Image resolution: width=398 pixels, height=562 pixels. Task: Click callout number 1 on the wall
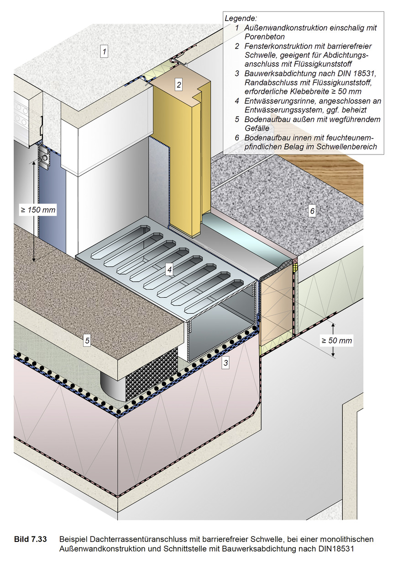pyautogui.click(x=105, y=51)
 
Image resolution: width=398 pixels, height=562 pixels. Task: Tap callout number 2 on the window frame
pyautogui.click(x=179, y=84)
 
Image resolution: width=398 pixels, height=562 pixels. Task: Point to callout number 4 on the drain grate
pyautogui.click(x=169, y=270)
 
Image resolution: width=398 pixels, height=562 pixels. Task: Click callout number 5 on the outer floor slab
pyautogui.click(x=87, y=340)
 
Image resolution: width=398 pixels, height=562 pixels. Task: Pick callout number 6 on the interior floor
pyautogui.click(x=312, y=211)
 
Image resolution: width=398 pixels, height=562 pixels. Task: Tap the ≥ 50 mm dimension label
pyautogui.click(x=337, y=341)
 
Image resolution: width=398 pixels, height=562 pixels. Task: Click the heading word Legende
pyautogui.click(x=241, y=18)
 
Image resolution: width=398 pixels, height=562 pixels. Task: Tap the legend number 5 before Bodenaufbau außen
pyautogui.click(x=237, y=119)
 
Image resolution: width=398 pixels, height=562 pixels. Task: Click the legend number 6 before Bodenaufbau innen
pyautogui.click(x=237, y=138)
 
